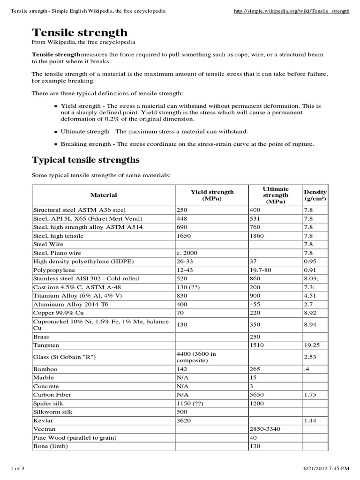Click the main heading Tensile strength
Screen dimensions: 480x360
point(79,32)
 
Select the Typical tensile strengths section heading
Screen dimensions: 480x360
point(85,160)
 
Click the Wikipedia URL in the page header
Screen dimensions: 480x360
point(291,11)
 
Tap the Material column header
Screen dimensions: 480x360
point(104,195)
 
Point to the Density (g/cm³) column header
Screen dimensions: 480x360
point(315,195)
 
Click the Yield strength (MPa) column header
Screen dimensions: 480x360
point(212,195)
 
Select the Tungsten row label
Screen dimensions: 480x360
point(46,345)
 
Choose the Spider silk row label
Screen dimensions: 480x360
point(48,404)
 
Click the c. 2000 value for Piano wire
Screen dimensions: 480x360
point(187,253)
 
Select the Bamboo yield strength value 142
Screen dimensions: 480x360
point(182,369)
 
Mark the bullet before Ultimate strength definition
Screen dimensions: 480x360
point(56,132)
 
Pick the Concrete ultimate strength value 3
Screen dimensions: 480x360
point(251,386)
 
